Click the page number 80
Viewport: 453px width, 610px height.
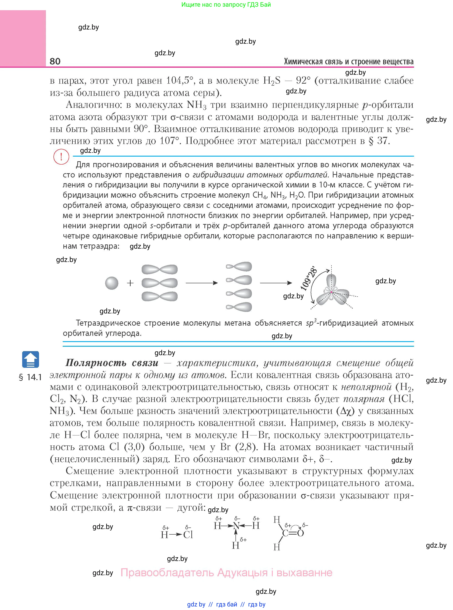pyautogui.click(x=55, y=61)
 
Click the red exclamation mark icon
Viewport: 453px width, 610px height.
pyautogui.click(x=61, y=157)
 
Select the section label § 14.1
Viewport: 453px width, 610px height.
pyautogui.click(x=30, y=377)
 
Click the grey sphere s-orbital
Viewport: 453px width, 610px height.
pyautogui.click(x=112, y=283)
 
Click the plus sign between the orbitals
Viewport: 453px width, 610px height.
pyautogui.click(x=130, y=283)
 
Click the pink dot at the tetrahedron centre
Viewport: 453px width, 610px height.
pyautogui.click(x=331, y=292)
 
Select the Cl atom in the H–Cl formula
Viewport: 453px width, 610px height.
pyautogui.click(x=188, y=535)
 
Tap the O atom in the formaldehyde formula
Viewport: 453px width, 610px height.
pyautogui.click(x=300, y=533)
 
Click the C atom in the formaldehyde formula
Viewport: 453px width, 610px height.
pyautogui.click(x=285, y=533)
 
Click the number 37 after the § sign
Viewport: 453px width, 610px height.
pyautogui.click(x=382, y=141)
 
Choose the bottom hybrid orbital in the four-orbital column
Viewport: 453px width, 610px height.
pyautogui.click(x=239, y=307)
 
